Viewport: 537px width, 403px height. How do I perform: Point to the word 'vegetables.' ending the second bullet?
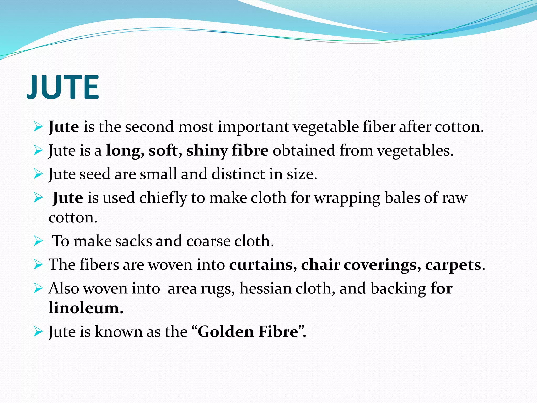[415, 151]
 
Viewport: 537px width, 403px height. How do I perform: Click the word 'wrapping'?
[347, 198]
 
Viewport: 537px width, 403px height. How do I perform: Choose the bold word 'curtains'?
[261, 264]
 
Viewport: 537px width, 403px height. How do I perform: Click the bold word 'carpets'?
[453, 265]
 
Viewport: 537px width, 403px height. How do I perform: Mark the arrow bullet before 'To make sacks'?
[38, 241]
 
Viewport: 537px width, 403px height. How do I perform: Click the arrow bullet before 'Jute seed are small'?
[38, 174]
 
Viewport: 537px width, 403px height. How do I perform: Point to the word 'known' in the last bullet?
[119, 331]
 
